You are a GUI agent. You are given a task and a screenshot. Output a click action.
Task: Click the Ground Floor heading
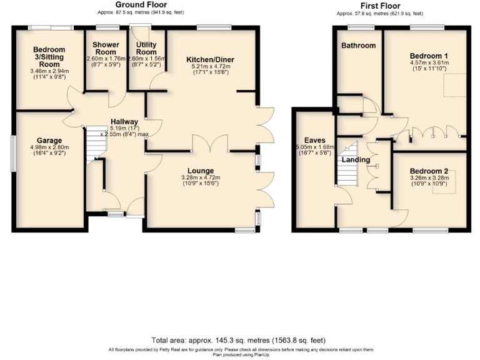[x=135, y=4]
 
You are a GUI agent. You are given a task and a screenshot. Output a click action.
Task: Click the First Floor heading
[x=379, y=6]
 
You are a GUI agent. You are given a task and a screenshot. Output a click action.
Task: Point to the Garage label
[x=47, y=140]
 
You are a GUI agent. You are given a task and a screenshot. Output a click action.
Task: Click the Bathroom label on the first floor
[x=358, y=46]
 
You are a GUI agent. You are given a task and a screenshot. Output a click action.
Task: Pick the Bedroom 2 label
[x=429, y=171]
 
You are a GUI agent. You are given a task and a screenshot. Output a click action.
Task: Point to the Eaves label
[x=312, y=140]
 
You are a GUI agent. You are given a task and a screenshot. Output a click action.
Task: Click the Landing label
[x=355, y=159]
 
